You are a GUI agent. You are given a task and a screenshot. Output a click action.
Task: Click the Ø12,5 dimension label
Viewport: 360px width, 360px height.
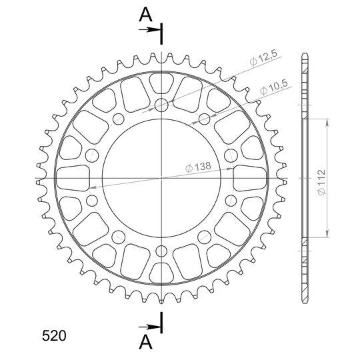pyautogui.click(x=264, y=58)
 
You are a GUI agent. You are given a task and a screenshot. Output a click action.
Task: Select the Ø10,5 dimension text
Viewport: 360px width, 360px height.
pyautogui.click(x=274, y=87)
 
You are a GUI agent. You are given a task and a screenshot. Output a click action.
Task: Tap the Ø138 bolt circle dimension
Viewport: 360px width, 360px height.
pyautogui.click(x=198, y=167)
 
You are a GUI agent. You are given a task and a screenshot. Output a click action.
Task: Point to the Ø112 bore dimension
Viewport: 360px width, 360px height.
pyautogui.click(x=322, y=182)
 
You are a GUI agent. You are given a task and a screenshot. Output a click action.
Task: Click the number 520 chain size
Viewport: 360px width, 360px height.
pyautogui.click(x=54, y=335)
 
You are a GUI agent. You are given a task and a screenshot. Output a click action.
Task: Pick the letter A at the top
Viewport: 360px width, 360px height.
pyautogui.click(x=145, y=15)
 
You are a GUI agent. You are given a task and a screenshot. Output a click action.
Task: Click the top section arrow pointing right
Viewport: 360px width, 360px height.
pyautogui.click(x=149, y=29)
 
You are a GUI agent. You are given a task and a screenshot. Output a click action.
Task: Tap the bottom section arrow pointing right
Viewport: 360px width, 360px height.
pyautogui.click(x=149, y=327)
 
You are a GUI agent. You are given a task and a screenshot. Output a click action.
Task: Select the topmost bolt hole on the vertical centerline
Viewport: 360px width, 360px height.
pyautogui.click(x=161, y=105)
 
